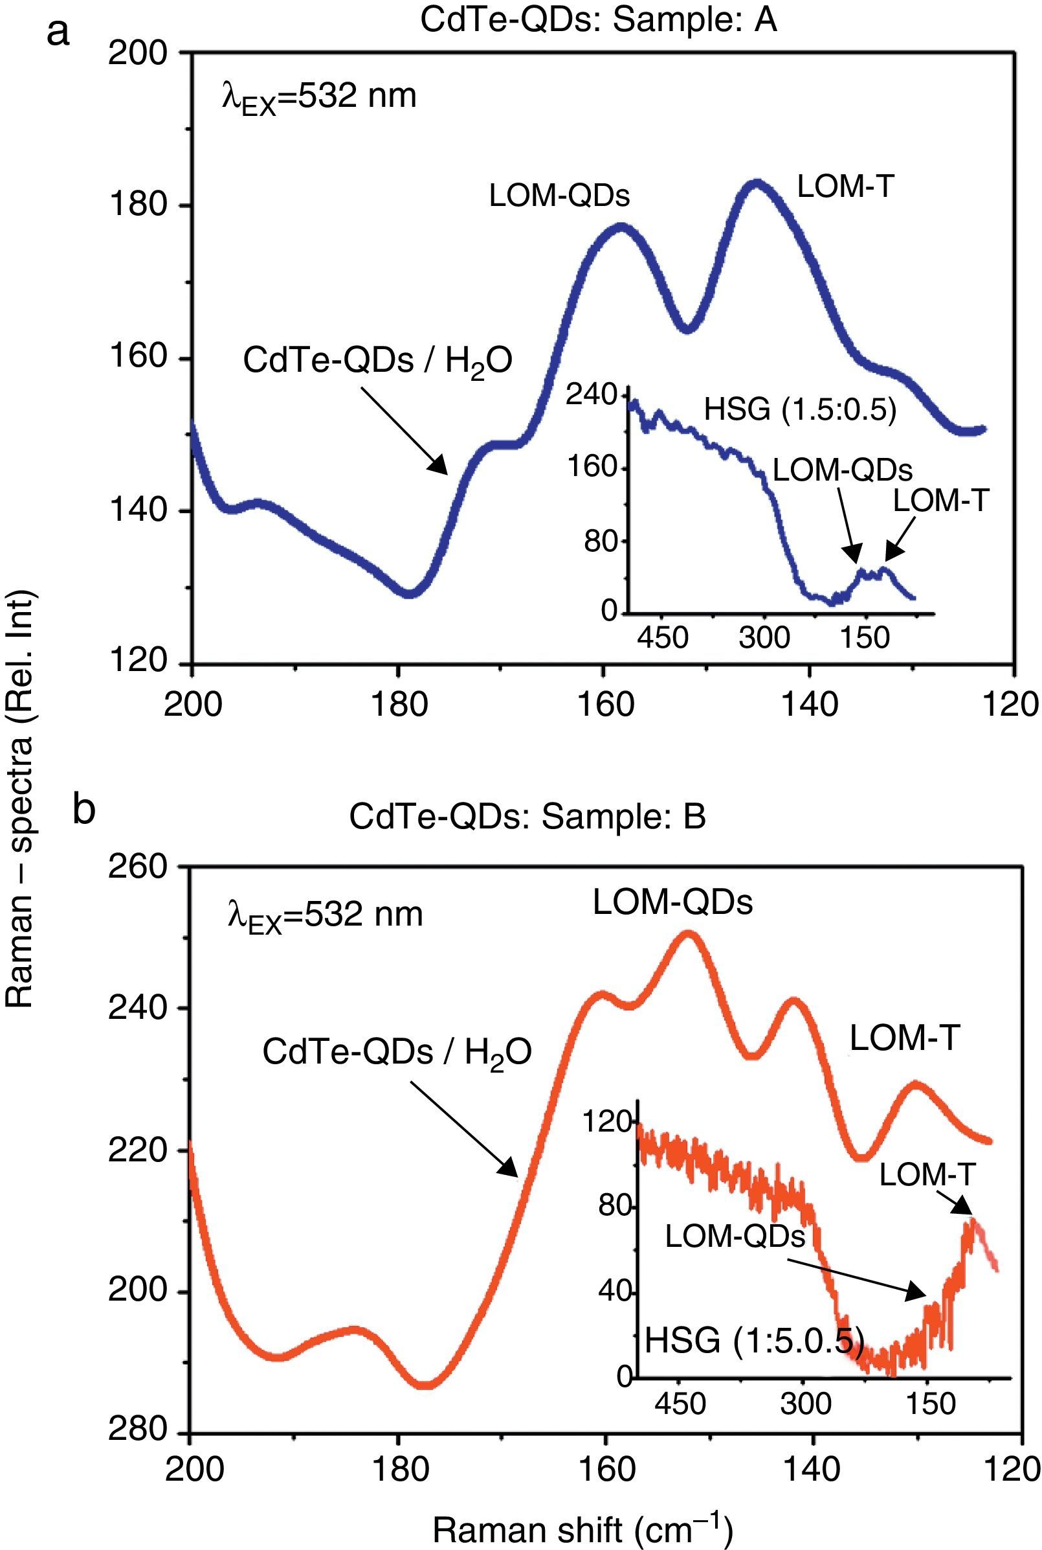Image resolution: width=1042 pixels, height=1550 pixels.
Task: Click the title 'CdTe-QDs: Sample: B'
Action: (x=527, y=817)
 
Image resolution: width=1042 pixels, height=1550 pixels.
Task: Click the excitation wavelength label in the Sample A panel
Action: (x=319, y=98)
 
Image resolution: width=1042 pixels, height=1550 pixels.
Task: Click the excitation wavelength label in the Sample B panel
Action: (x=325, y=915)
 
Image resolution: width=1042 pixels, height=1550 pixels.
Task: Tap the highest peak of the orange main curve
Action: (x=689, y=935)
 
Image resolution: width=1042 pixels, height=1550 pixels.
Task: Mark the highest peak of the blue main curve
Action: (x=756, y=183)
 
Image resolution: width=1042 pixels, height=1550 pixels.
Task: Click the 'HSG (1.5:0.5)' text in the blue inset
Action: (x=800, y=410)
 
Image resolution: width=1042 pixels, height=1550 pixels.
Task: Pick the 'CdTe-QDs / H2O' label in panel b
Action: (x=397, y=1052)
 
